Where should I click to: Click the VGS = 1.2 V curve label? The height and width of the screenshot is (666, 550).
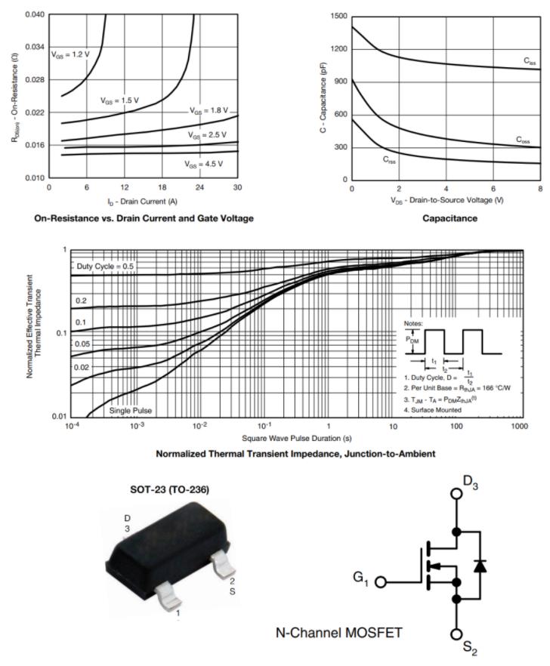[x=71, y=54]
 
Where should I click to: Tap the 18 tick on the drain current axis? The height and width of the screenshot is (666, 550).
[x=162, y=187]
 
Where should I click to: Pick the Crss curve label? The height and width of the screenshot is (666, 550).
[x=389, y=160]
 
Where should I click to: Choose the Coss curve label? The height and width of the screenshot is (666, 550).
[x=523, y=140]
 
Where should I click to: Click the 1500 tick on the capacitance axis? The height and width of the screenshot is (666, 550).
[x=338, y=16]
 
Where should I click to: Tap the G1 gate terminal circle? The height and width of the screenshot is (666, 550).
[x=383, y=582]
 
